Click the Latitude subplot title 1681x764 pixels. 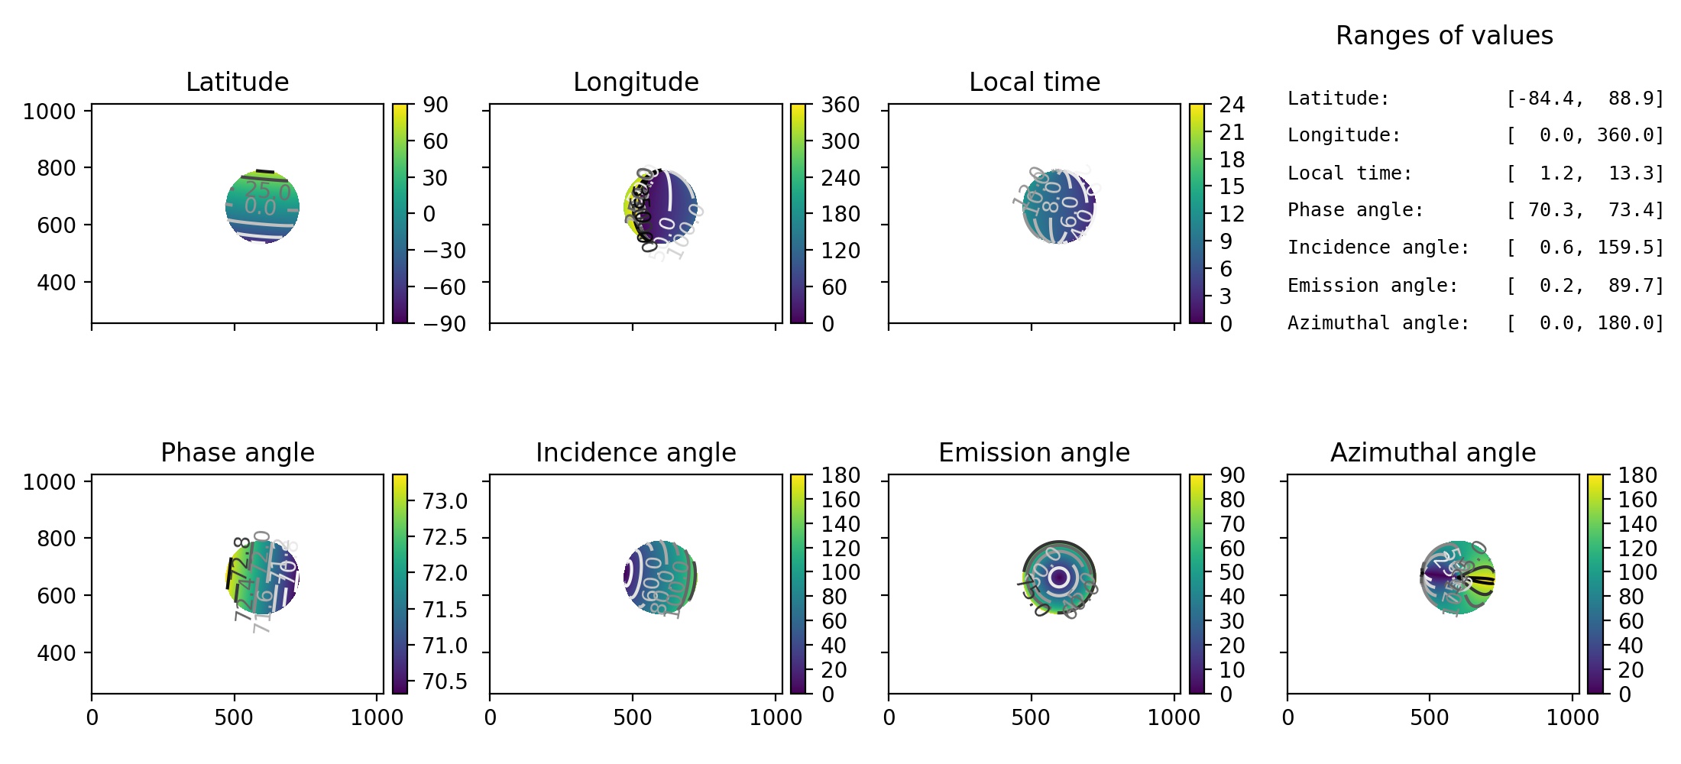237,82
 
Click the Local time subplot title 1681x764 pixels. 1034,82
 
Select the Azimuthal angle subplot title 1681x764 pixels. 1433,452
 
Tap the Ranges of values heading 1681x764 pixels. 1444,35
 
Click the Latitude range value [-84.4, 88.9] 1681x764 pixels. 1584,99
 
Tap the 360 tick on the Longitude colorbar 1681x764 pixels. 840,105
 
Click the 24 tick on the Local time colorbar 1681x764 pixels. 1232,105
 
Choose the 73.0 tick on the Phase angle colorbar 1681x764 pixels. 445,501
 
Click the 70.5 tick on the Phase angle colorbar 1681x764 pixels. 445,681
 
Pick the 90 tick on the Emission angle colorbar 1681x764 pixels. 1232,475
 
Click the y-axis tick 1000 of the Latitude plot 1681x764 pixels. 49,112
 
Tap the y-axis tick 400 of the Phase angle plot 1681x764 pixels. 56,653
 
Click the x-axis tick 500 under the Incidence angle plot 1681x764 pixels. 632,717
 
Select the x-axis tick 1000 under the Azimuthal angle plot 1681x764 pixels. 1572,717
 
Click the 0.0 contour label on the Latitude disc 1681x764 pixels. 260,207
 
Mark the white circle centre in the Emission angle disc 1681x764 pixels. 1059,578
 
